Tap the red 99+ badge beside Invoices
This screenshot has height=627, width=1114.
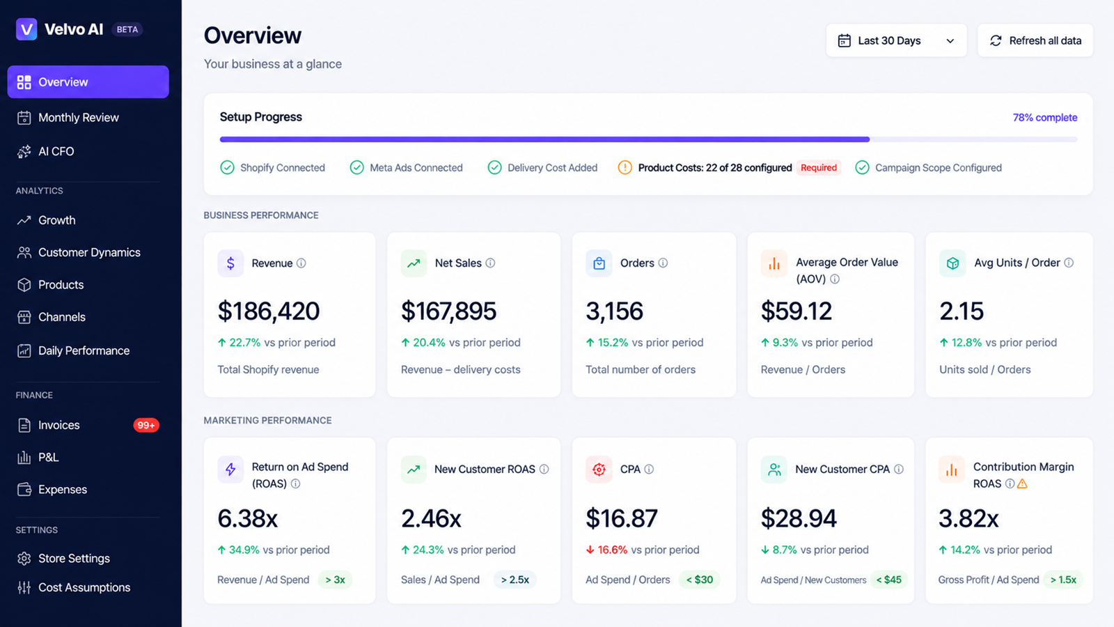(x=146, y=425)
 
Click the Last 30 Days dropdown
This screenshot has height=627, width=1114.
(x=896, y=40)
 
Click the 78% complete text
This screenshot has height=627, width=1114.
(x=1045, y=118)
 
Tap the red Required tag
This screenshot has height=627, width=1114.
(x=819, y=168)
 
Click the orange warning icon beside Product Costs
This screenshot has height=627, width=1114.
(x=625, y=168)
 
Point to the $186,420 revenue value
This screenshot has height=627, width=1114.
(x=269, y=311)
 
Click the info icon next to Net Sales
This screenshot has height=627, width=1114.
(x=490, y=263)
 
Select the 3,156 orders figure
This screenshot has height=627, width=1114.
(x=614, y=311)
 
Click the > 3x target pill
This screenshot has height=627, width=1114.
(x=335, y=580)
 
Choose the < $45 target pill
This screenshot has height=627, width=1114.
(x=888, y=580)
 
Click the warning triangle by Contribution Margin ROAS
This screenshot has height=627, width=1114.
(x=1022, y=483)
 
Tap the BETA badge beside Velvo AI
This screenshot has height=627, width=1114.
(x=127, y=29)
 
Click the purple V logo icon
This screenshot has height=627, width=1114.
(x=26, y=29)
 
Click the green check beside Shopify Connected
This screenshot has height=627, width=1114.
(x=227, y=168)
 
